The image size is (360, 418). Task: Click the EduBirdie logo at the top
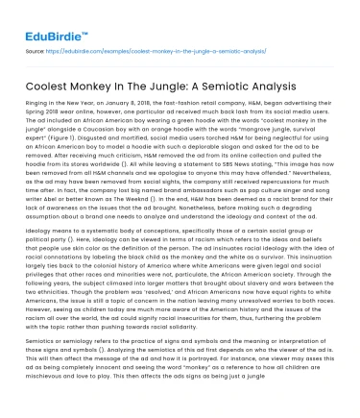(x=43, y=20)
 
